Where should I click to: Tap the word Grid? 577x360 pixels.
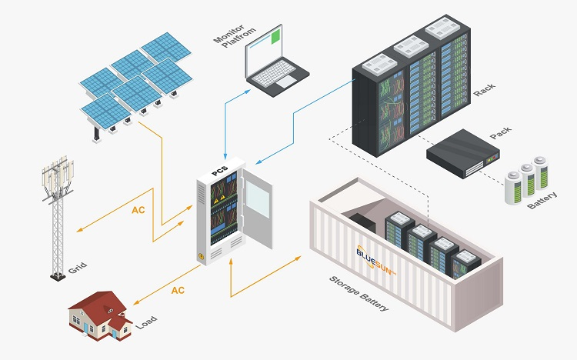tap(77, 267)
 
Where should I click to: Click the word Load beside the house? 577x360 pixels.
tap(147, 323)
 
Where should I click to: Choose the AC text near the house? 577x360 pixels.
tap(178, 291)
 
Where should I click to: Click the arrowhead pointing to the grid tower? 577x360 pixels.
tap(79, 229)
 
